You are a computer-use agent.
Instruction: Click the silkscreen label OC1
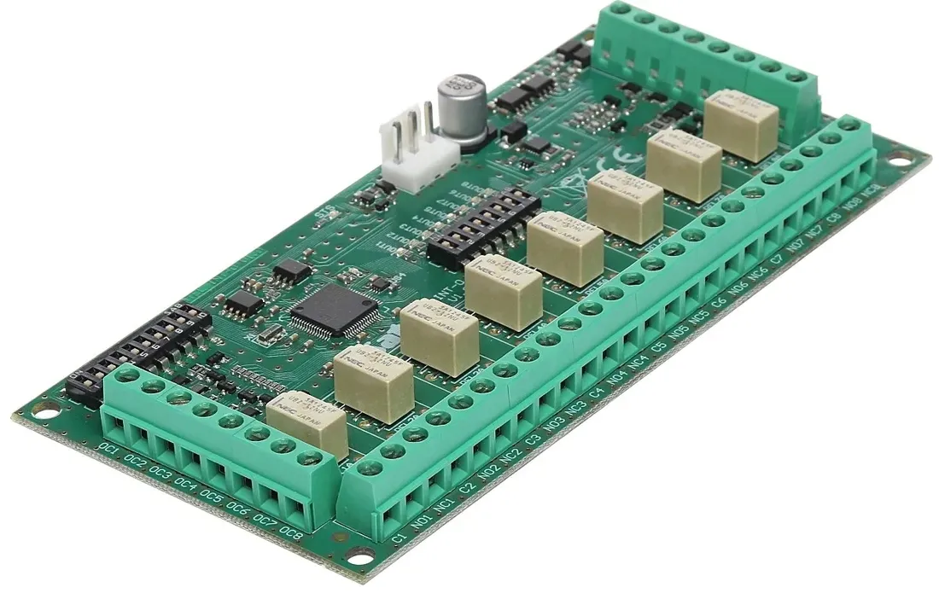click(x=108, y=450)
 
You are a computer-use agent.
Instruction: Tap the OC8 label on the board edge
click(x=290, y=535)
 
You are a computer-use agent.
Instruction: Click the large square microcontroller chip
click(x=335, y=309)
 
